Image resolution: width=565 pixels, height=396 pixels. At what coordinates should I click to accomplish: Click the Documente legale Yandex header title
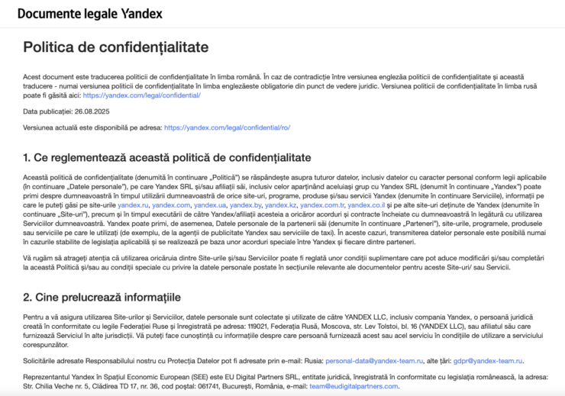click(x=89, y=14)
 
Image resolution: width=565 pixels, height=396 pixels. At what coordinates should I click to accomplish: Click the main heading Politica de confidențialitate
click(x=115, y=47)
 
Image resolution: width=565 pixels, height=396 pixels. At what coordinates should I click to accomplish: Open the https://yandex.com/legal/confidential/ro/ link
click(x=227, y=127)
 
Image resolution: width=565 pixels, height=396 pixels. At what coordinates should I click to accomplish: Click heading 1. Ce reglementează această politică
click(x=167, y=158)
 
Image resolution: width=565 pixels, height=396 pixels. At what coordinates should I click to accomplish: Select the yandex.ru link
click(x=133, y=205)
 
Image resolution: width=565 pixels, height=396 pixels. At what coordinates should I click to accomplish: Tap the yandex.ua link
click(x=209, y=205)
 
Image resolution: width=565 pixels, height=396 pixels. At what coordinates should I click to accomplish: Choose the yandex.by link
click(x=245, y=205)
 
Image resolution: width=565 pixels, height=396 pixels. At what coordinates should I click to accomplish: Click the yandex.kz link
click(x=280, y=205)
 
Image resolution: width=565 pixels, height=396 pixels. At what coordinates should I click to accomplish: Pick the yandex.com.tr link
click(x=321, y=205)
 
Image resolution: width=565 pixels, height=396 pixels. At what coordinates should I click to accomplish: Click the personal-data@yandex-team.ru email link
click(x=369, y=360)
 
